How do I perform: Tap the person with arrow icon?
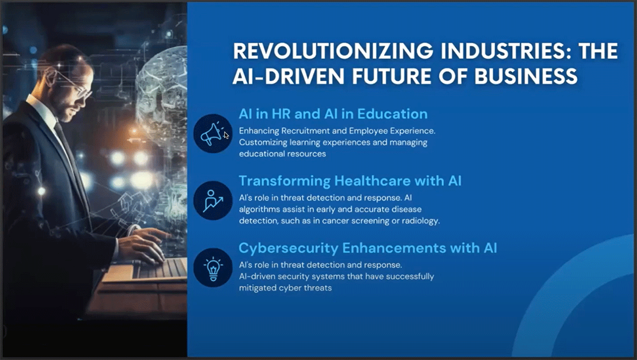click(213, 201)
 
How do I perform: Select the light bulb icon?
click(213, 268)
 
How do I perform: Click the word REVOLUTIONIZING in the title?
click(333, 51)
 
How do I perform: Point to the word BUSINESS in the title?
click(526, 76)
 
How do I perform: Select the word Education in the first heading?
click(392, 114)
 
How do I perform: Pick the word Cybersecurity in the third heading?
click(288, 248)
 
